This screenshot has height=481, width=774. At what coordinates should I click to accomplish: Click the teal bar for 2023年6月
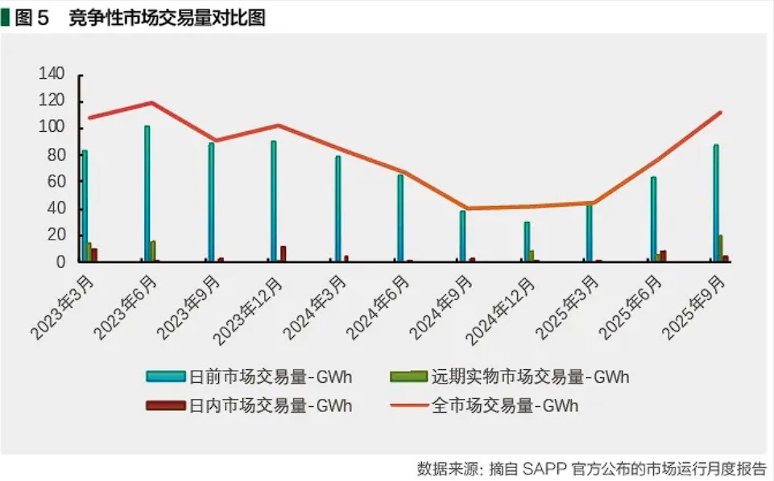pyautogui.click(x=147, y=193)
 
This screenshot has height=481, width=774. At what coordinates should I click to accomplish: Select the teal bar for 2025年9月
pyautogui.click(x=716, y=203)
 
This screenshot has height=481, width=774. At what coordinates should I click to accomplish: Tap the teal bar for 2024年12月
pyautogui.click(x=527, y=241)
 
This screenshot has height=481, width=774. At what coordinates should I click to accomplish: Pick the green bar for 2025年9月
pyautogui.click(x=721, y=248)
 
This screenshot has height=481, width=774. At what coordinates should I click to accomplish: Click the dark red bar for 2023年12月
pyautogui.click(x=283, y=253)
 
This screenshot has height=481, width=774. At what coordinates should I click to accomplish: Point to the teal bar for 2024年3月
pyautogui.click(x=337, y=208)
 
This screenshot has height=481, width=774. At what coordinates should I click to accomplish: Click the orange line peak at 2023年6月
pyautogui.click(x=151, y=102)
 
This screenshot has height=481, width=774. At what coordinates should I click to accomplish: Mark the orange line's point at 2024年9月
pyautogui.click(x=466, y=208)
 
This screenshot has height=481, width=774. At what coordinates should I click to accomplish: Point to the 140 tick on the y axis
pyautogui.click(x=52, y=75)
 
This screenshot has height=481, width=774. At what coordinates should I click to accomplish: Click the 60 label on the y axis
pyautogui.click(x=55, y=182)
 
